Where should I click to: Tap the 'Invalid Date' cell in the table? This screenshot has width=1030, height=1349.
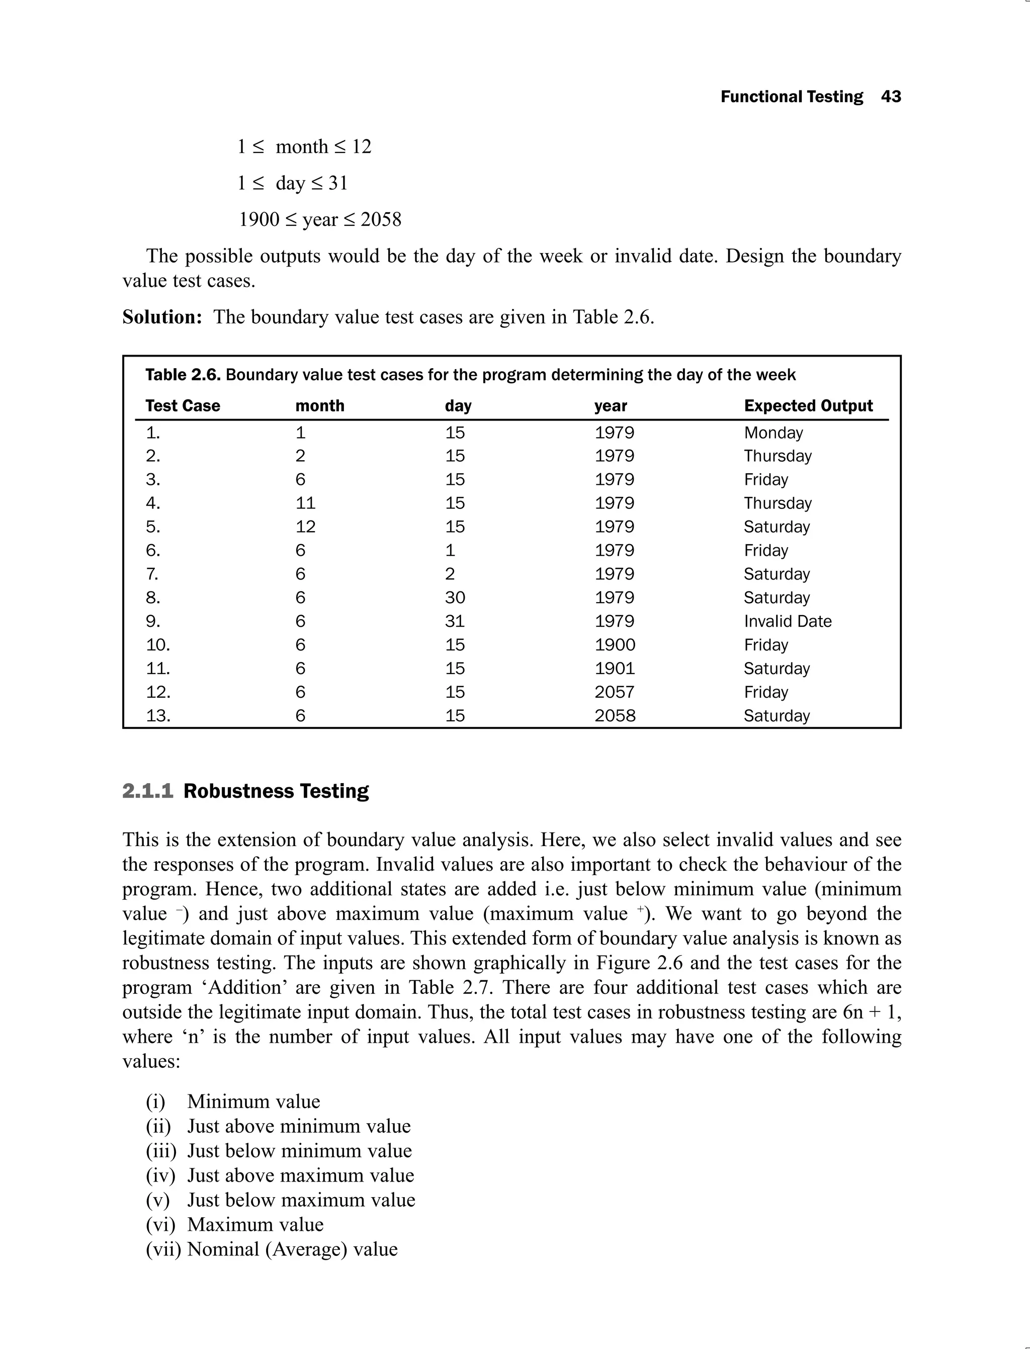[787, 621]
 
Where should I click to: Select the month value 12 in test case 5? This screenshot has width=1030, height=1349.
[305, 527]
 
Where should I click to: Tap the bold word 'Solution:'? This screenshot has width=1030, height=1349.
[162, 317]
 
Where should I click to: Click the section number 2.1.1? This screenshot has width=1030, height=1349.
[148, 791]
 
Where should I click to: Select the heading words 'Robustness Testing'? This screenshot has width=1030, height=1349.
[276, 791]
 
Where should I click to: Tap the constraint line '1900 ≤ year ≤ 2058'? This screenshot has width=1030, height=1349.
[319, 219]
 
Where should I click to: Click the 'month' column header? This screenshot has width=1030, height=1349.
[319, 405]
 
